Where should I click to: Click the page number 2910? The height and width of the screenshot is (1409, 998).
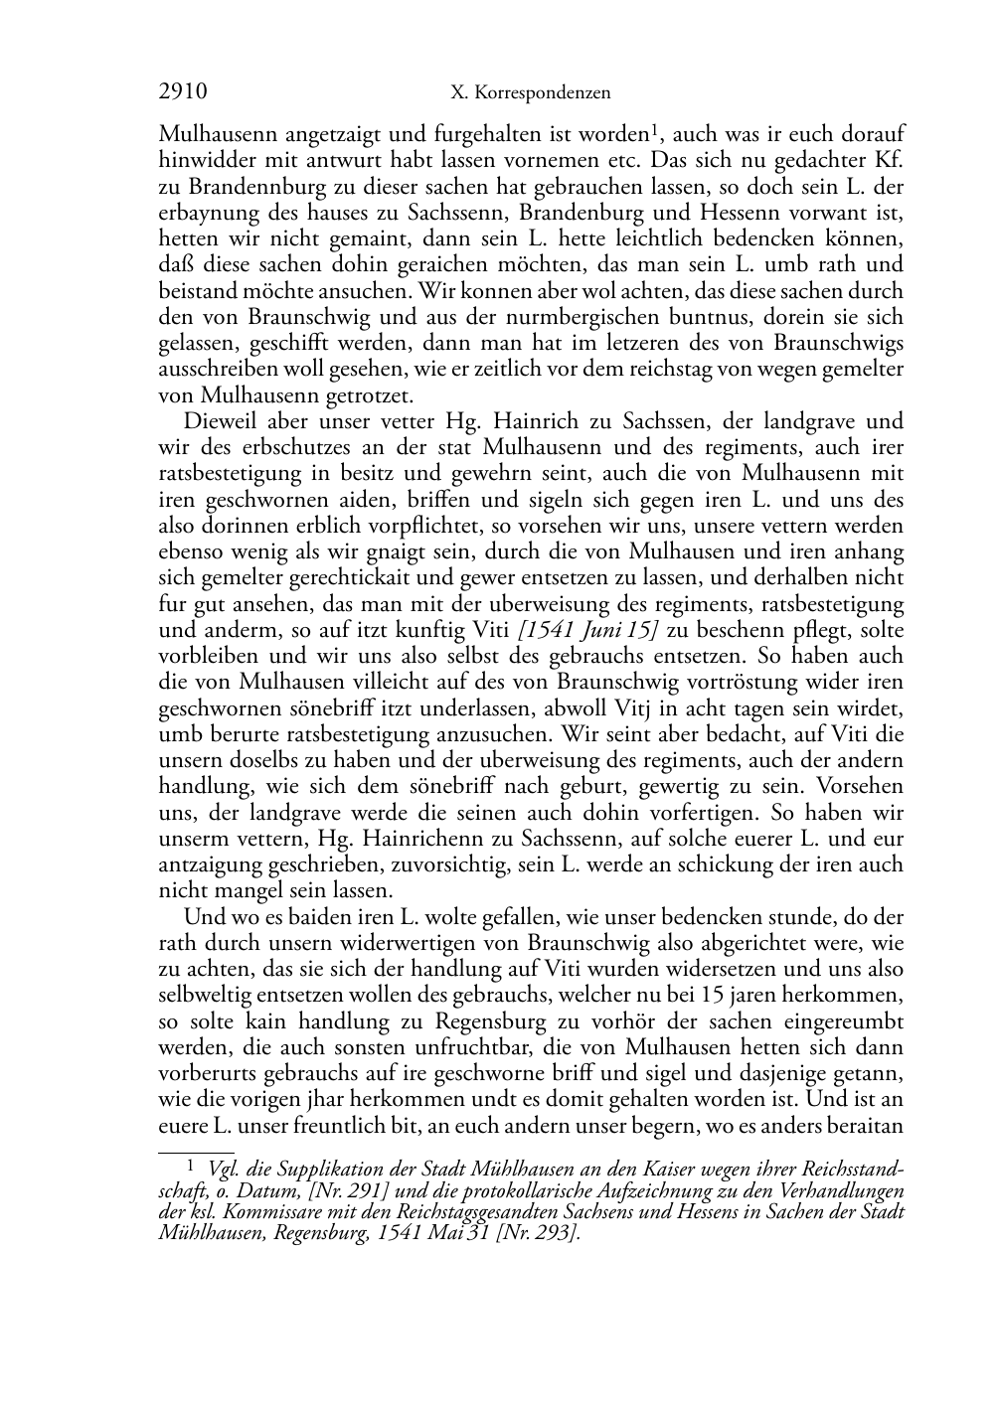point(183,92)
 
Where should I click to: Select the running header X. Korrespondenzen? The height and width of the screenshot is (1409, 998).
point(530,93)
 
